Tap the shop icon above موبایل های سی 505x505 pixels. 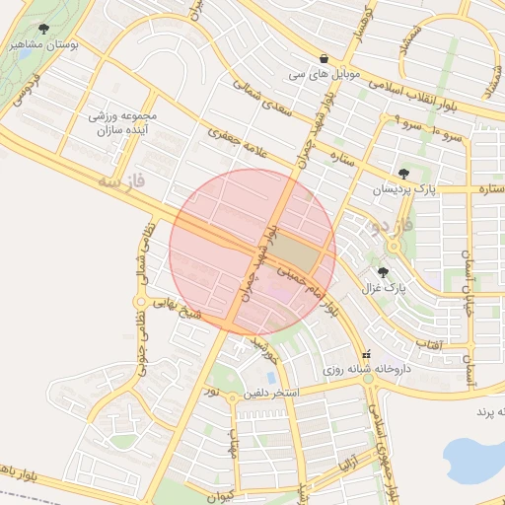[x=325, y=59]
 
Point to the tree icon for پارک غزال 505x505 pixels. [x=383, y=272]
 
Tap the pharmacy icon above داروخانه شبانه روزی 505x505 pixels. [x=368, y=354]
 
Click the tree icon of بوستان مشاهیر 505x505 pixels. [x=44, y=29]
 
